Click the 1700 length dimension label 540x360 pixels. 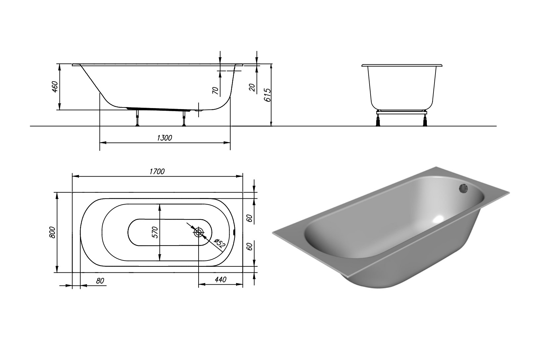point(157,172)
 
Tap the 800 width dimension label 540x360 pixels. point(52,232)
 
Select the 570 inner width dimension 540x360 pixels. point(155,232)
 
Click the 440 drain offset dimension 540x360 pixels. point(220,280)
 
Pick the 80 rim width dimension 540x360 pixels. point(100,281)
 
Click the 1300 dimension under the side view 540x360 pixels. point(164,138)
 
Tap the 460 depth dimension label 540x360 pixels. point(55,87)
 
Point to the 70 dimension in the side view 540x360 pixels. point(215,90)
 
